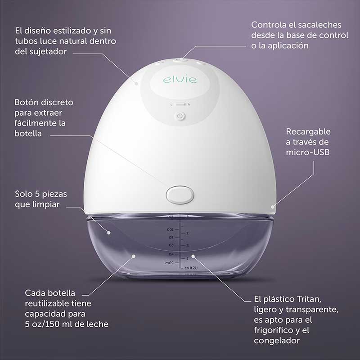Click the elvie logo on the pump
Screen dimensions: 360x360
(x=180, y=80)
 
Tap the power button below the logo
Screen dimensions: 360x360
(x=180, y=117)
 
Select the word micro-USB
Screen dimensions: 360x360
(x=308, y=153)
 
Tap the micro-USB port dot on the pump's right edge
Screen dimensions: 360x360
(x=273, y=207)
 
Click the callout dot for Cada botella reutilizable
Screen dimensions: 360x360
(x=134, y=256)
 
